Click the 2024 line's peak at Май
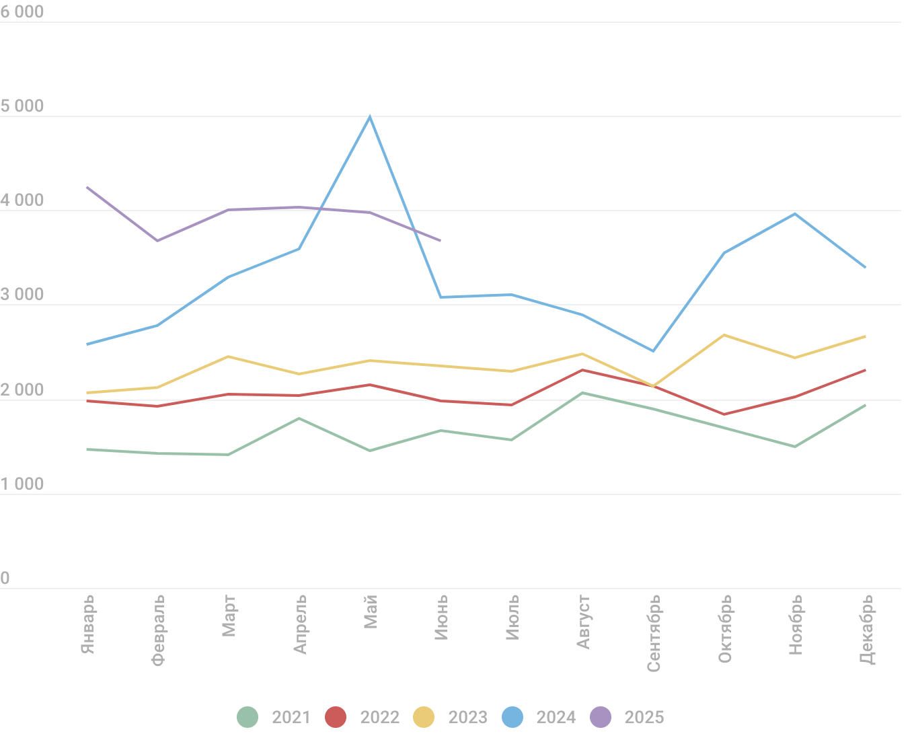click(370, 117)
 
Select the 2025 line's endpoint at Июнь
click(441, 240)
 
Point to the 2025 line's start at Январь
click(87, 187)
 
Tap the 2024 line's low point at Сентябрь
click(653, 351)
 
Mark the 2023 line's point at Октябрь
click(724, 335)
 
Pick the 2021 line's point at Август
click(582, 393)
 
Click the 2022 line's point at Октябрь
click(724, 414)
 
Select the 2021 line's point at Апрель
click(299, 418)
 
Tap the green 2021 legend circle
click(248, 717)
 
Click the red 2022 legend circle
click(336, 717)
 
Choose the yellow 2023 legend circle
click(424, 717)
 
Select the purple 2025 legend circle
click(600, 717)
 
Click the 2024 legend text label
click(556, 717)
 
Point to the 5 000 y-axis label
click(22, 106)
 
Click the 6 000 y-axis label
click(22, 12)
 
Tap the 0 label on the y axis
click(5, 579)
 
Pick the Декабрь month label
click(867, 629)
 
